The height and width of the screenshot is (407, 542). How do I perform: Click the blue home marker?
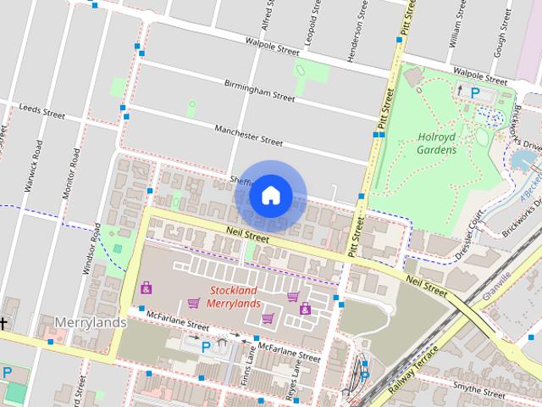coord(270,195)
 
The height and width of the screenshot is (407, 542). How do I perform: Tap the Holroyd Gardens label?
coord(437,143)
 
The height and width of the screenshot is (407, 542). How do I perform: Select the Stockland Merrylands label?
coord(232,298)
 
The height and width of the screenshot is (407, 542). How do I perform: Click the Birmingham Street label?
coord(259,92)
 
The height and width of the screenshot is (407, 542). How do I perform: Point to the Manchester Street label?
coord(248,136)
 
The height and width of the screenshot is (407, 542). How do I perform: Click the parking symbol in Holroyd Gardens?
coord(475,92)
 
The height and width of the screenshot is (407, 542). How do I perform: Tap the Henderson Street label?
coord(344,19)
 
